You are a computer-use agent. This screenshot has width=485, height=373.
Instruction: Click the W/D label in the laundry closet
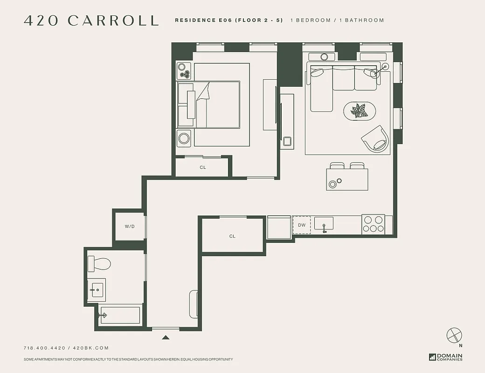pos(129,226)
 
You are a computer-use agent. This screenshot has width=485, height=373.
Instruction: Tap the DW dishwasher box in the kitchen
pos(302,225)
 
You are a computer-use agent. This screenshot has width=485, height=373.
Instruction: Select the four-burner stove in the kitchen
pos(373,224)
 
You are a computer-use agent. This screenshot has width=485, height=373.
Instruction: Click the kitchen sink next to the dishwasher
pos(324,224)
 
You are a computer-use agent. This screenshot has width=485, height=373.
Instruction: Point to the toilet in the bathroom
pos(99,264)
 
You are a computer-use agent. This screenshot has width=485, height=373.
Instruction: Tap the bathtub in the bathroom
pos(119,315)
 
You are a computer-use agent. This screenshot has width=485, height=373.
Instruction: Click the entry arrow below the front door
pos(165,337)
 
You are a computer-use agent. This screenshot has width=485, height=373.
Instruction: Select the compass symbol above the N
pos(453,335)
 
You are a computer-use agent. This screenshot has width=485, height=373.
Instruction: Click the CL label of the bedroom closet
pos(203,167)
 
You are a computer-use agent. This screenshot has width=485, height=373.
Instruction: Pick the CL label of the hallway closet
pos(232,236)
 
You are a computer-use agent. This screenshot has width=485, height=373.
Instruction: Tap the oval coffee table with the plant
pos(360,111)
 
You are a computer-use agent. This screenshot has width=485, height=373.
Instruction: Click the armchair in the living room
pos(376,138)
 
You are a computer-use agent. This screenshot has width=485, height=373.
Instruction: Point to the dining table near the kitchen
pos(347,179)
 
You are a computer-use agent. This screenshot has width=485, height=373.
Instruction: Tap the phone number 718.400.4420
pos(45,348)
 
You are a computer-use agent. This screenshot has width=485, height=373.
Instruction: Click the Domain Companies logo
pos(445,357)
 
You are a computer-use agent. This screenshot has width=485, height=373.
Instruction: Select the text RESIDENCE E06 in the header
pos(203,21)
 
